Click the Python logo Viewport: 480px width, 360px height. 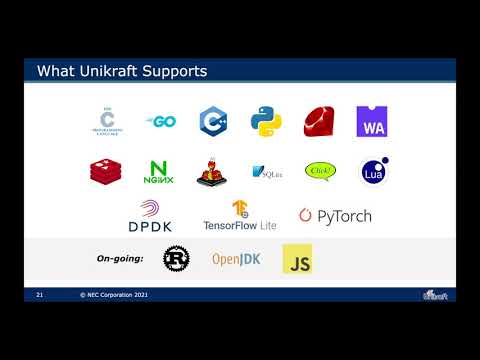[x=265, y=121]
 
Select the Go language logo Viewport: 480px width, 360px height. [x=160, y=120]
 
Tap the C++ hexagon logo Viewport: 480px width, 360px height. [x=212, y=121]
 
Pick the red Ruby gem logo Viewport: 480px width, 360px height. [x=319, y=121]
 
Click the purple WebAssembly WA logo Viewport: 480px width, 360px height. [x=371, y=121]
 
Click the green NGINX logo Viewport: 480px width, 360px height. [x=159, y=172]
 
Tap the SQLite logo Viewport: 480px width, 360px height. [x=266, y=172]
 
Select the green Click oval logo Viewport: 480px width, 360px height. [x=320, y=171]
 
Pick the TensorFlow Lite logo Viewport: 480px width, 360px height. [x=240, y=215]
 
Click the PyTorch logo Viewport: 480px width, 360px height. [x=335, y=215]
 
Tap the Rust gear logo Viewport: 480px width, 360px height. [x=176, y=258]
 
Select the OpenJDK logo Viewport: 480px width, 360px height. [x=236, y=259]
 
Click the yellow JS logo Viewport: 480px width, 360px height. [x=297, y=259]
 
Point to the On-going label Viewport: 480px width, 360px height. [x=119, y=259]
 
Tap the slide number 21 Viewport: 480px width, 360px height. [x=40, y=296]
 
